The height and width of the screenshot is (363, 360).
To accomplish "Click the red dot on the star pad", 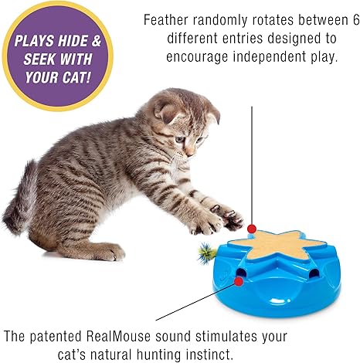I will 252,228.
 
